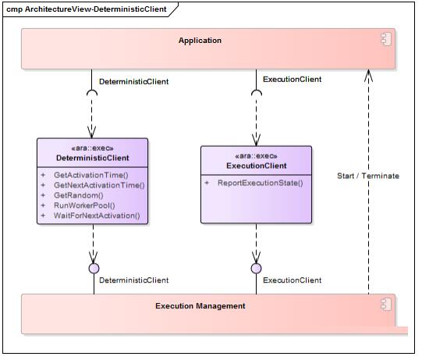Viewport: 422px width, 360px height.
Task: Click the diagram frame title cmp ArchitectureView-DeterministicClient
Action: click(x=87, y=9)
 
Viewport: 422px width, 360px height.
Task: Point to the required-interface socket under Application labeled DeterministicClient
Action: click(x=93, y=91)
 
